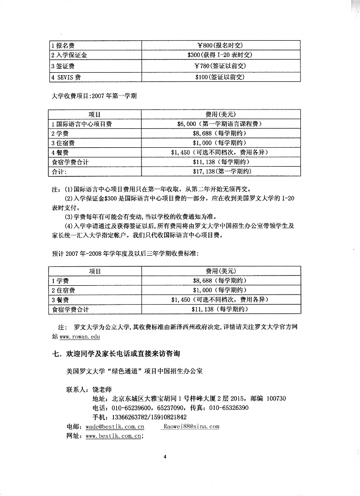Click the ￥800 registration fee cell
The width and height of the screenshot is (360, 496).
point(220,45)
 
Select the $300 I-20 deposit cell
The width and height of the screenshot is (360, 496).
point(220,55)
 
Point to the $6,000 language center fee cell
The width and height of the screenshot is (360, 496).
point(220,124)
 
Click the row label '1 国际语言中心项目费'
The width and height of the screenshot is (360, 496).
point(82,124)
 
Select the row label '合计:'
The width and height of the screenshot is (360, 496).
point(59,171)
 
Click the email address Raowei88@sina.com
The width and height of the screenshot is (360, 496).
point(191,427)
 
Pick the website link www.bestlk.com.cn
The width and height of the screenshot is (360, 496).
point(113,436)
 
